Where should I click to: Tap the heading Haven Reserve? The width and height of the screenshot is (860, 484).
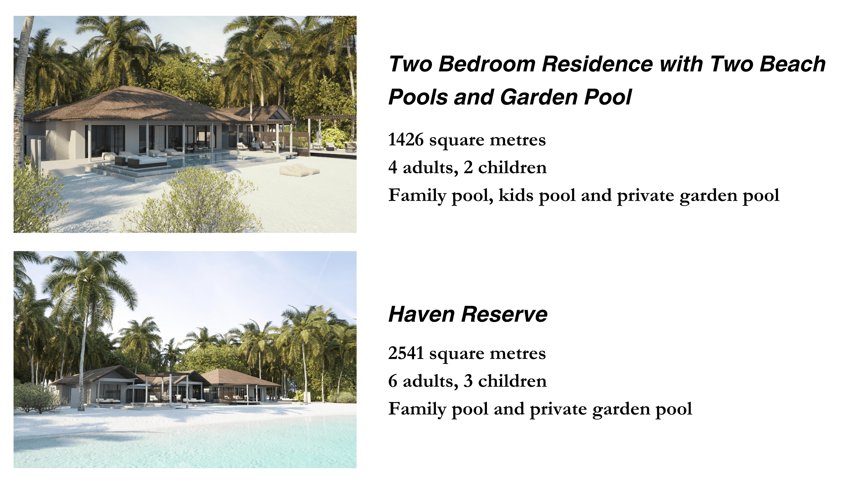468,314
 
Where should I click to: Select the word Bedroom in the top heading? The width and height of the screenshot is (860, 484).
487,64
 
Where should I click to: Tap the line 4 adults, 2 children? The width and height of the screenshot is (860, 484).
467,167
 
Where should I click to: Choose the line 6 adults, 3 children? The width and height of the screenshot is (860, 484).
467,381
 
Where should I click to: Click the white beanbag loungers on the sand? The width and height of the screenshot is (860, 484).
299,170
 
